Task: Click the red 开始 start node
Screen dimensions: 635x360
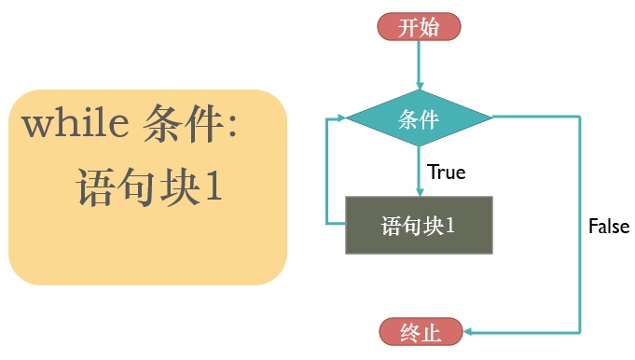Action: (x=420, y=27)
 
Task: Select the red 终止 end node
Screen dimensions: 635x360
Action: (x=421, y=332)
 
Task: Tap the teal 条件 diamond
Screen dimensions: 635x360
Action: (x=420, y=118)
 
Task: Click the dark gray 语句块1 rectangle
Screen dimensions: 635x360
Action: (x=420, y=225)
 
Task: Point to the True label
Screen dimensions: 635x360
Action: (x=447, y=173)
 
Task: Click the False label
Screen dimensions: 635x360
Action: (x=609, y=226)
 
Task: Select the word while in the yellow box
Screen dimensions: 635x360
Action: (x=76, y=122)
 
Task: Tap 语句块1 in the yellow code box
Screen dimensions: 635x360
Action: (x=149, y=187)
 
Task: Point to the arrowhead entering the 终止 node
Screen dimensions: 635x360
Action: (x=468, y=332)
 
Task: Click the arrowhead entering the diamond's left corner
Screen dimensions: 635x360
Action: (x=341, y=118)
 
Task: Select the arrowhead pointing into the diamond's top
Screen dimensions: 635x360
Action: (x=420, y=86)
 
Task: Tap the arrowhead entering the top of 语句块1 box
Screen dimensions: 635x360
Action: (x=420, y=192)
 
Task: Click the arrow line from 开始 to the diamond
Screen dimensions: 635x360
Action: (x=420, y=65)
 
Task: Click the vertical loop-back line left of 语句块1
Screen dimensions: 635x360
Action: (x=326, y=171)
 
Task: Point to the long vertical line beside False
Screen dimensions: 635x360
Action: (x=580, y=225)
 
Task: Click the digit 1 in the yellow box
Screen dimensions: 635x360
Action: (x=214, y=187)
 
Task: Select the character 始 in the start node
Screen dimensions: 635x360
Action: (x=430, y=28)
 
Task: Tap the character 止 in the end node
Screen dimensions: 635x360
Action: (x=431, y=332)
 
